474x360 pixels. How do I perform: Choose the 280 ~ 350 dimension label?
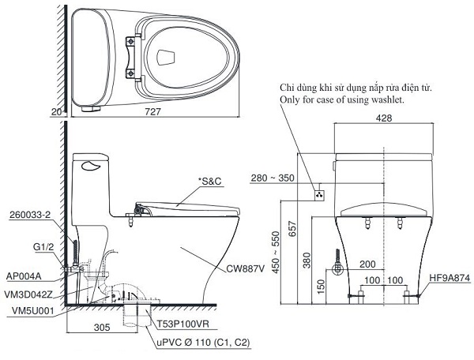[x=273, y=178]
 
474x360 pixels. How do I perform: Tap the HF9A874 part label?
[x=451, y=278]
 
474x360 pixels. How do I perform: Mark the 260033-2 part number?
[x=31, y=214]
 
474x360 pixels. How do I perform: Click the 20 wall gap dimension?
[x=56, y=113]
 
